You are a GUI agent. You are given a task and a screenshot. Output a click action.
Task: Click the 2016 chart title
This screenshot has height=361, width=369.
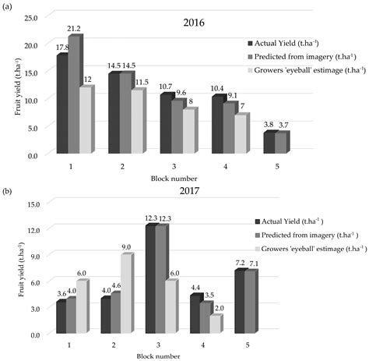click(x=194, y=23)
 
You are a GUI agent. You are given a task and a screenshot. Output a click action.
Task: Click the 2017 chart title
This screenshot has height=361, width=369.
click(x=189, y=191)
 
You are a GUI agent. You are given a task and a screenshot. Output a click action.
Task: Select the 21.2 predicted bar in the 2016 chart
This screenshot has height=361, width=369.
click(x=74, y=94)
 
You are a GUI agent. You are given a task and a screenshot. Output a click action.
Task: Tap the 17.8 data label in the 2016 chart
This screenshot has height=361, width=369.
click(x=62, y=48)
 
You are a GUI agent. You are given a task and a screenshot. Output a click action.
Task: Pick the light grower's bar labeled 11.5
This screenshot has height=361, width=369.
click(x=137, y=122)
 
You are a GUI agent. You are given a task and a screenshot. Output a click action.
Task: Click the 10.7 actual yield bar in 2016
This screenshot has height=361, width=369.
click(x=166, y=123)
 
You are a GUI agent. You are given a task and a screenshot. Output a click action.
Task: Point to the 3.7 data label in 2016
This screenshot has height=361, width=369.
click(x=283, y=126)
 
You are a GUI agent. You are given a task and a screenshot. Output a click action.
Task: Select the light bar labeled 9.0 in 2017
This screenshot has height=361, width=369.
click(x=125, y=294)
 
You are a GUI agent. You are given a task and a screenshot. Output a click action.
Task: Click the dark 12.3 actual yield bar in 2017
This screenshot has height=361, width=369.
click(x=150, y=279)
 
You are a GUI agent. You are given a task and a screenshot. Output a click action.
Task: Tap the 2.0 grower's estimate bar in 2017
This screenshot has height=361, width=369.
click(x=215, y=324)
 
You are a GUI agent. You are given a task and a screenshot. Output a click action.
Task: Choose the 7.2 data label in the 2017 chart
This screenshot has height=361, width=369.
click(x=240, y=263)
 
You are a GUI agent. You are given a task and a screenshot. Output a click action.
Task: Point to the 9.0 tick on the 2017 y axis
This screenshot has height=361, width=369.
click(x=33, y=257)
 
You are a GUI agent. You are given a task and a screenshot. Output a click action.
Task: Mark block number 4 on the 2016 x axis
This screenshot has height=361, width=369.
click(x=226, y=166)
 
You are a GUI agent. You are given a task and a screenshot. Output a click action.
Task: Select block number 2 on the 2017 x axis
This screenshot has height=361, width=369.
click(x=114, y=345)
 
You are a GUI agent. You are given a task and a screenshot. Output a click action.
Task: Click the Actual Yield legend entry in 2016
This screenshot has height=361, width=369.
click(x=283, y=43)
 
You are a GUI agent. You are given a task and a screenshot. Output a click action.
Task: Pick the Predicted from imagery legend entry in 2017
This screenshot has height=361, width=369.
click(x=307, y=235)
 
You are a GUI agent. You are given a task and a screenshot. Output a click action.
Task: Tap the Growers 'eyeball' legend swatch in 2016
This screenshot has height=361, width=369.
click(x=250, y=70)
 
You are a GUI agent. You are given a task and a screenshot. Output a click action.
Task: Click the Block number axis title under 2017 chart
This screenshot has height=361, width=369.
click(x=158, y=356)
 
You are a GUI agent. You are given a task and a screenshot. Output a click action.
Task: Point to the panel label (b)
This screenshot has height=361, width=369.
click(x=7, y=192)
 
